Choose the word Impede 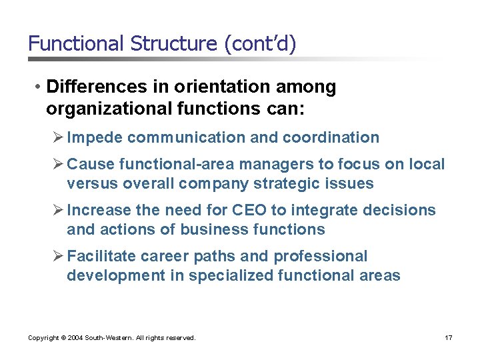click(x=95, y=137)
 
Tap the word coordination click(x=331, y=137)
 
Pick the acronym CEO click(x=247, y=211)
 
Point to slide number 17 click(x=448, y=338)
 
